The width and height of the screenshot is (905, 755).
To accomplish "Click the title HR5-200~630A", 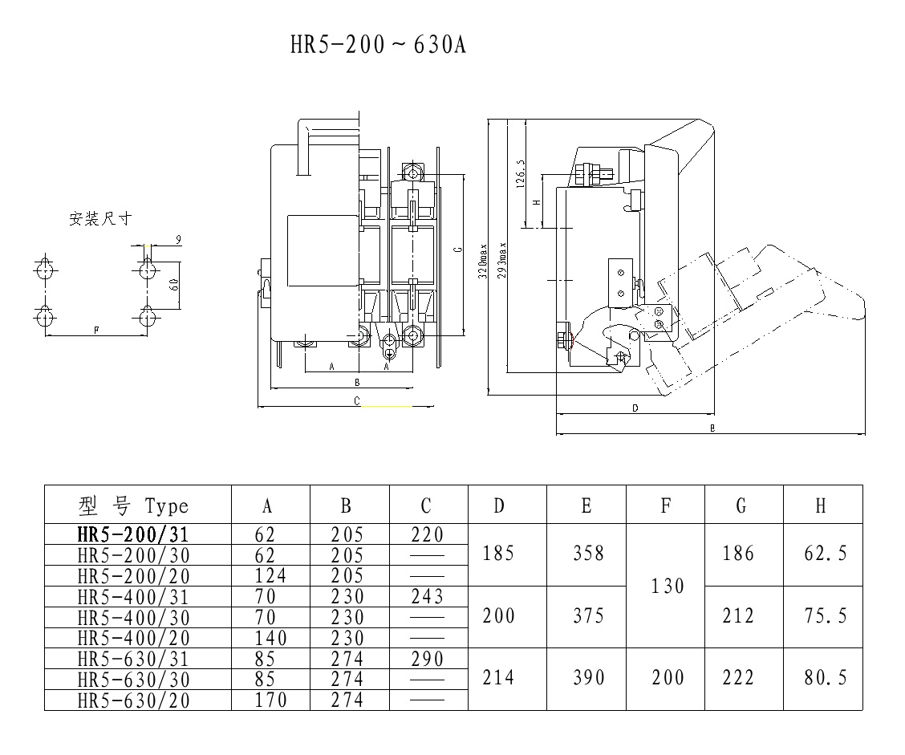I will pos(378,45).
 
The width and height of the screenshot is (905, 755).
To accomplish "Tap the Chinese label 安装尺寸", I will pos(99,218).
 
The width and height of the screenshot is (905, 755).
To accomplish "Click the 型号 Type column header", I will pos(134,505).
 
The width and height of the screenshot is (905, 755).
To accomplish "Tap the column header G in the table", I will pos(741,505).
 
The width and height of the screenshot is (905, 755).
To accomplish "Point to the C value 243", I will pos(426,597).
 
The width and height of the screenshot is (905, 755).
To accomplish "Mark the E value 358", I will pos(586,554).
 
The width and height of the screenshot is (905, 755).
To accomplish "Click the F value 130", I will pos(667,587).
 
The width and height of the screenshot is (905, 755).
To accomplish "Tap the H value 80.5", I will pos(825,678).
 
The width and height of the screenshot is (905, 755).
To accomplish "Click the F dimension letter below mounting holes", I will pos(96,330).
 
